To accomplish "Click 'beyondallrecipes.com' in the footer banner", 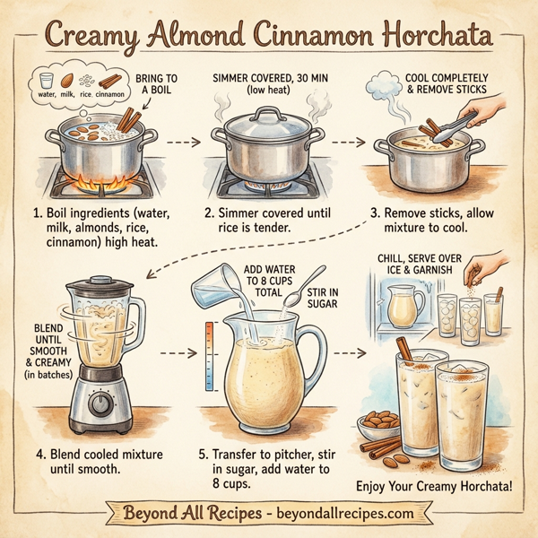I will click(346, 514).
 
